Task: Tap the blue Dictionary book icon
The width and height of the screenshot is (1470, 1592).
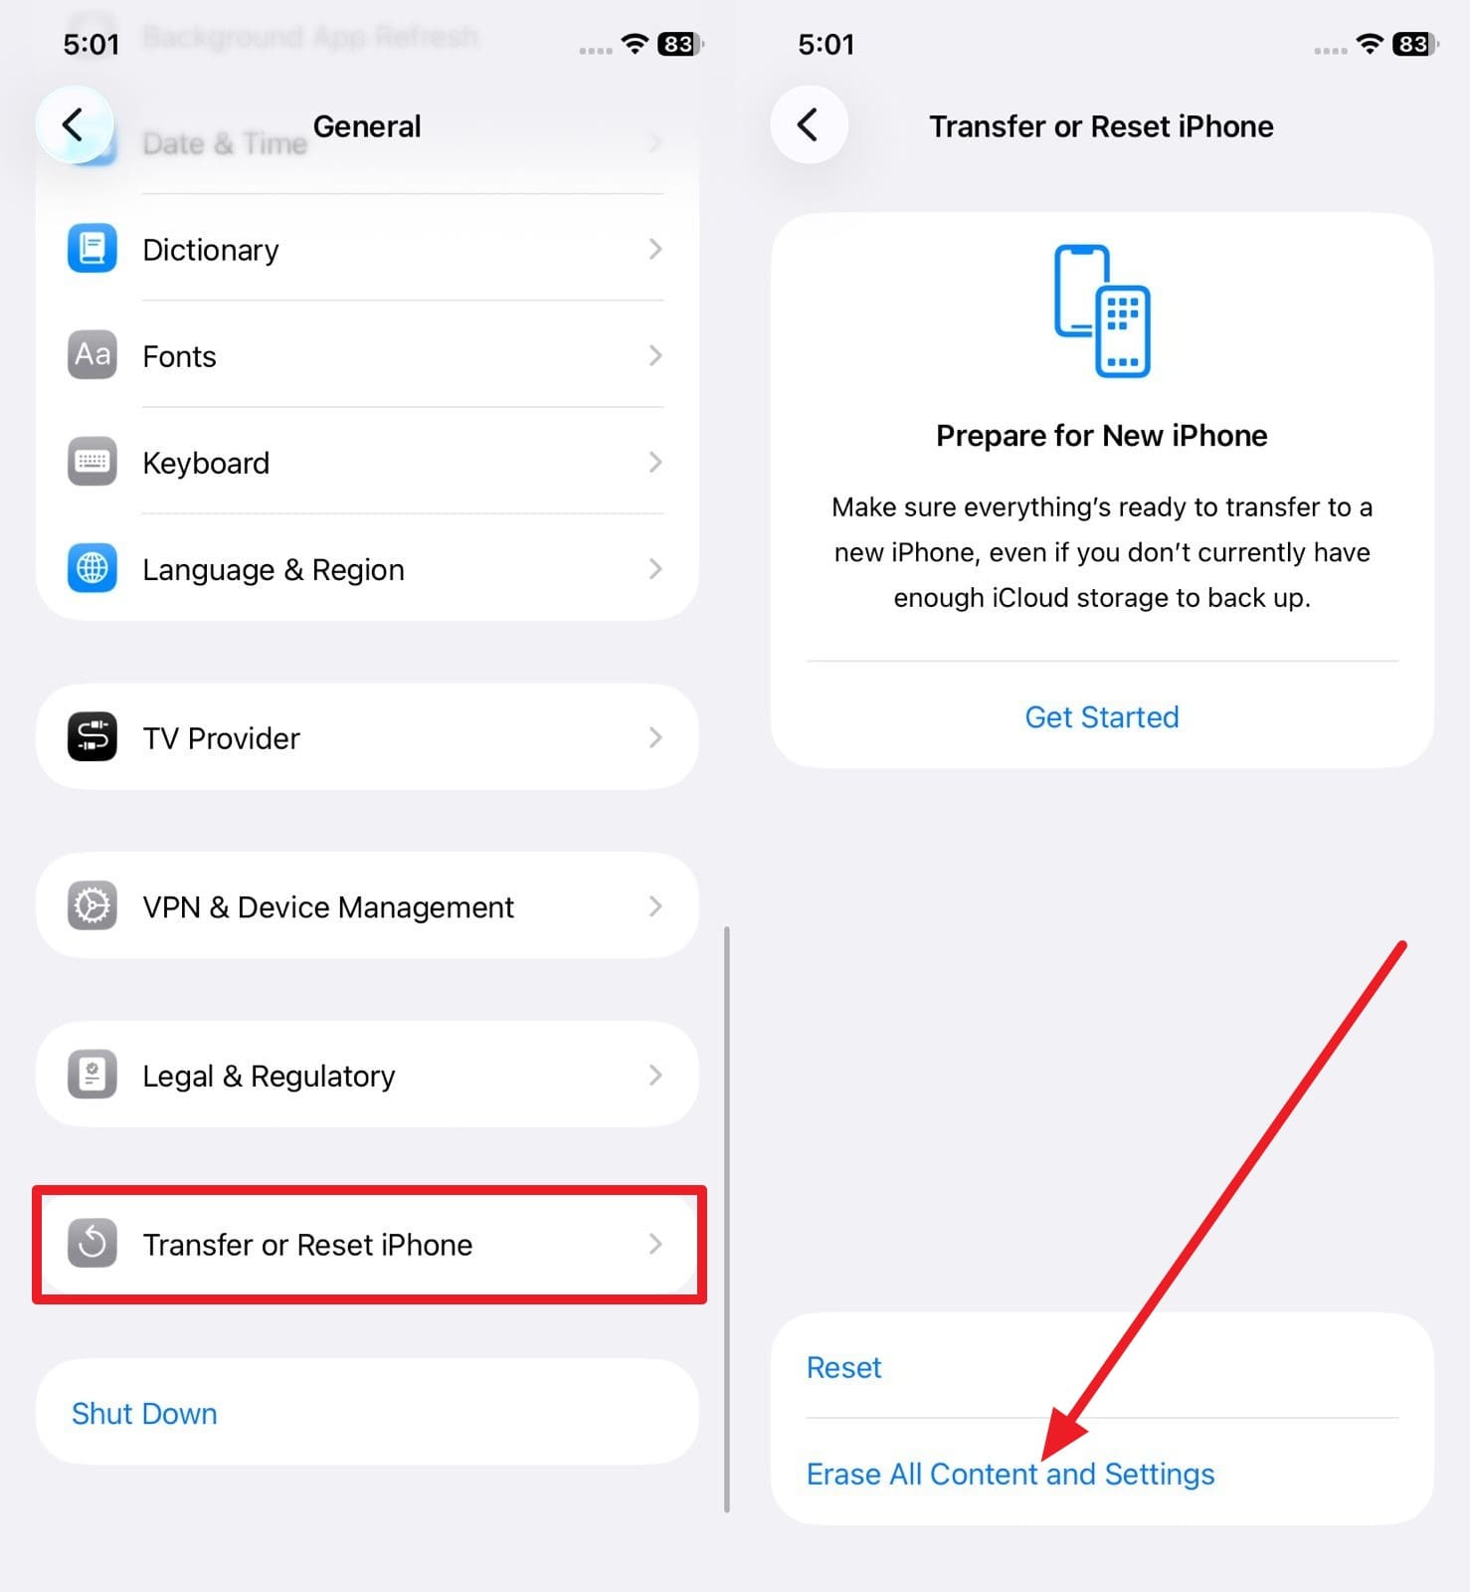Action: tap(92, 249)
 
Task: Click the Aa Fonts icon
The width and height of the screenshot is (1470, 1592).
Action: tap(92, 355)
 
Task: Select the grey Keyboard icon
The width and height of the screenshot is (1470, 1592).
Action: tap(92, 462)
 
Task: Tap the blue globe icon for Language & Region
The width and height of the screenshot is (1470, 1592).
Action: tap(92, 568)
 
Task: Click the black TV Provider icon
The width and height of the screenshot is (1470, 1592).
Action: tap(92, 737)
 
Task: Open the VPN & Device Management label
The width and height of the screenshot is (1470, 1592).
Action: tap(327, 906)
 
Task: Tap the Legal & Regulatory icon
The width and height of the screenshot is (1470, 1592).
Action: tap(92, 1075)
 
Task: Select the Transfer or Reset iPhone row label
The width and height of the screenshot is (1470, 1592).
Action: tap(307, 1244)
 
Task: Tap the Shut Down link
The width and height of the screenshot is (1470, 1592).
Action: tap(144, 1413)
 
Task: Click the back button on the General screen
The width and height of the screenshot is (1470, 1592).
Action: tap(74, 125)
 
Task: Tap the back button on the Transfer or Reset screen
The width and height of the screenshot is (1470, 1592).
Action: tap(809, 125)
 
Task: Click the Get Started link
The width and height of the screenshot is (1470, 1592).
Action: tap(1101, 716)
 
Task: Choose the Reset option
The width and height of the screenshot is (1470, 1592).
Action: tap(843, 1367)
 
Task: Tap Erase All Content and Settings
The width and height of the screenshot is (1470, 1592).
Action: tap(1010, 1474)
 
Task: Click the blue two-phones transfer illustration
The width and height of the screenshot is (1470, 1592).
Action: tap(1101, 310)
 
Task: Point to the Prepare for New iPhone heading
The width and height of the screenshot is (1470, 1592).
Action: tap(1101, 435)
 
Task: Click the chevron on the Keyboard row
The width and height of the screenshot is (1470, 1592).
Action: tap(654, 462)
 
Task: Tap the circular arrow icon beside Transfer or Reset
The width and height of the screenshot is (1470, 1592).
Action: tap(92, 1244)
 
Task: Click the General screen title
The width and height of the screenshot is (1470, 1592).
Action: tap(367, 126)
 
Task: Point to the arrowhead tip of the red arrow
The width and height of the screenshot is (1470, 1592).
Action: tap(1045, 1457)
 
